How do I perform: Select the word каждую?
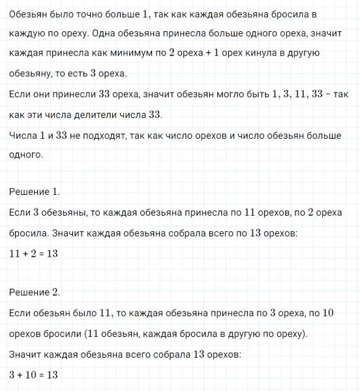[27, 33]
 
